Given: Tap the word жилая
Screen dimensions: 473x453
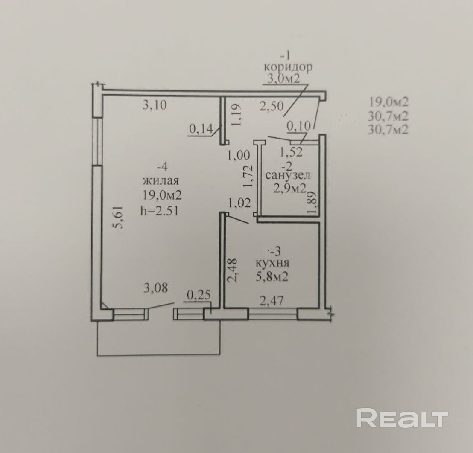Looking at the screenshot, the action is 161,180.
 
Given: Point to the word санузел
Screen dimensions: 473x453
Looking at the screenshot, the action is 287,175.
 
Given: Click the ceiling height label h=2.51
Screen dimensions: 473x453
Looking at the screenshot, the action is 161,211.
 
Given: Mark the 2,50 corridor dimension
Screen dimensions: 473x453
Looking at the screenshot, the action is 272,107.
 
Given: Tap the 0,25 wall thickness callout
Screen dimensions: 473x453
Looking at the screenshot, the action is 199,294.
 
